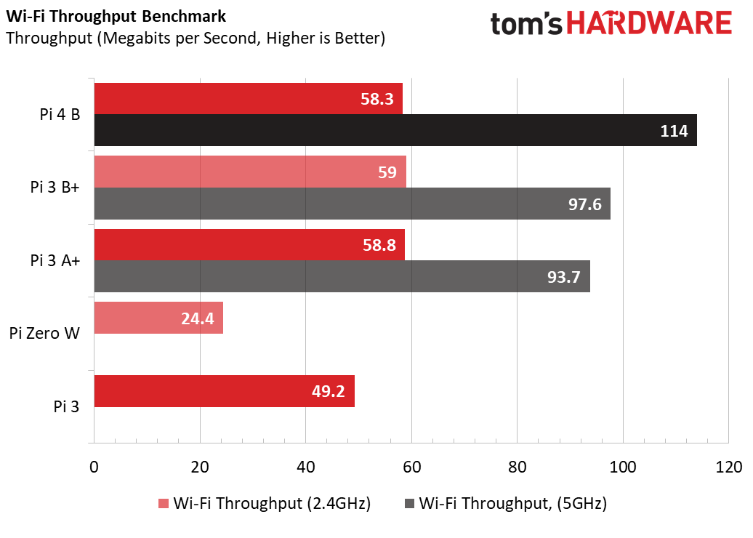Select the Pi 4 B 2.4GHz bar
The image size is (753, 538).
[x=248, y=99]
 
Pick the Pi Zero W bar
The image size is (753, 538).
[x=158, y=318]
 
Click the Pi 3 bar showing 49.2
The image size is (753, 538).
[x=224, y=391]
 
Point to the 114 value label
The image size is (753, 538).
[x=674, y=131]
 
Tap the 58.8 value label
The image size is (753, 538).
[x=378, y=245]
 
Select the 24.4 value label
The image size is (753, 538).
[x=196, y=318]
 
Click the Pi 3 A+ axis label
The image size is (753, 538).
[x=55, y=260]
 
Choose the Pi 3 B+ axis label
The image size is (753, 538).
[x=55, y=187]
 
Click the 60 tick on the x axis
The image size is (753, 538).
[x=411, y=467]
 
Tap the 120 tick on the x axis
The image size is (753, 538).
[x=728, y=467]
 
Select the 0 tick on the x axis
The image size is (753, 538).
[x=94, y=467]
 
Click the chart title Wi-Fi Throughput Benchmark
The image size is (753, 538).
[x=116, y=16]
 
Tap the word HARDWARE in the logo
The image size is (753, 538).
[x=649, y=25]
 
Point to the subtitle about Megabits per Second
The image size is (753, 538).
[x=195, y=38]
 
